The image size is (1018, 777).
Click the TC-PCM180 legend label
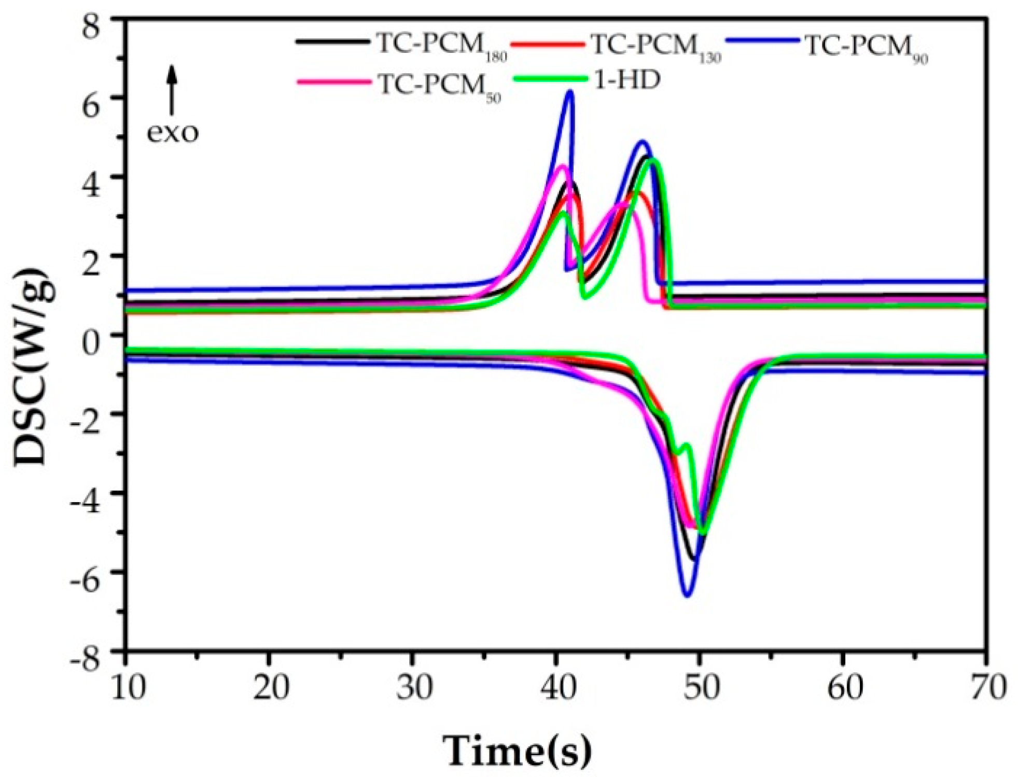[441, 47]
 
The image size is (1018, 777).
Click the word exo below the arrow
[172, 133]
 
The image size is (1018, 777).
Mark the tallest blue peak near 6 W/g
[570, 92]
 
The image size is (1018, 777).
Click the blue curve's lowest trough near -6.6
[688, 595]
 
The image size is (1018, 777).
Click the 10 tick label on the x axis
[126, 688]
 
